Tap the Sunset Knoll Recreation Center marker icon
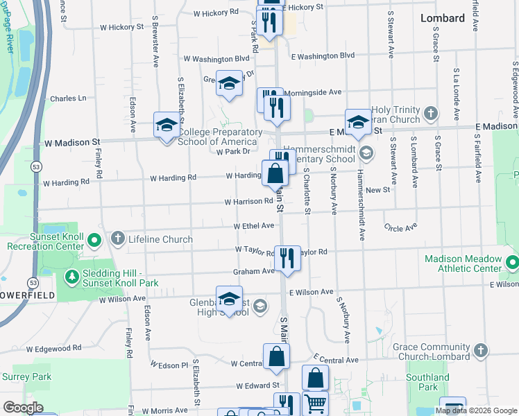[x=94, y=240]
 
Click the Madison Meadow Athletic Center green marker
[x=512, y=263]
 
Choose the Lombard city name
[x=443, y=19]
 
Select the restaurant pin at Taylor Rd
[x=287, y=257]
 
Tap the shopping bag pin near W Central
[x=276, y=356]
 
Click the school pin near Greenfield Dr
[x=228, y=83]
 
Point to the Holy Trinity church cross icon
[x=431, y=112]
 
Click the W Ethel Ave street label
[x=254, y=226]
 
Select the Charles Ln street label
[x=68, y=98]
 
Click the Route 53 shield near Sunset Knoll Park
[x=33, y=283]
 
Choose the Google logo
[x=23, y=408]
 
